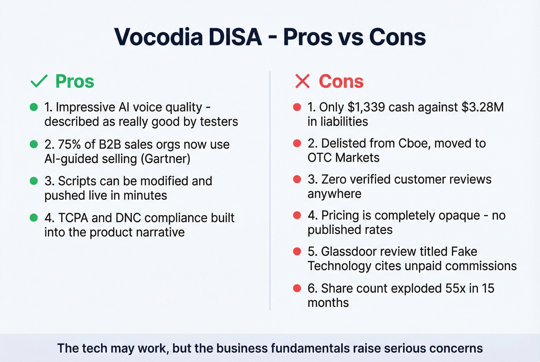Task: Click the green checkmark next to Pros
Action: point(39,81)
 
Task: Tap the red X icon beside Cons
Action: point(302,81)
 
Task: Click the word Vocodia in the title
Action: point(159,37)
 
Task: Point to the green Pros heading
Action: point(75,81)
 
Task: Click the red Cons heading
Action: point(341,81)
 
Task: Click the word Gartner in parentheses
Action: point(165,159)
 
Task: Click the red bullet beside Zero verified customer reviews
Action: point(297,179)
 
